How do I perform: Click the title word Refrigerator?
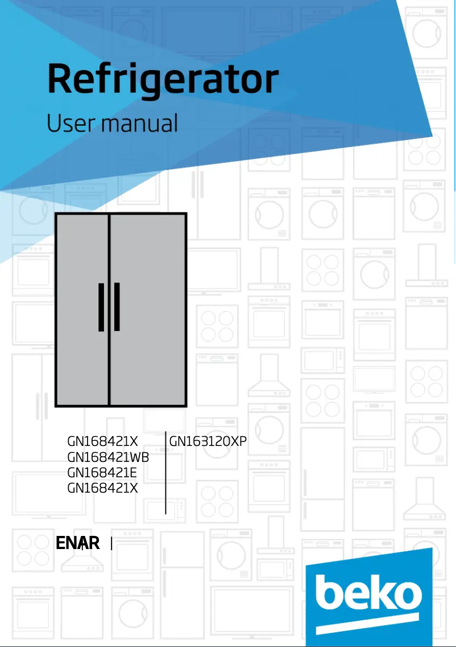click(x=163, y=80)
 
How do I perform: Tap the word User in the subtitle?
click(x=66, y=124)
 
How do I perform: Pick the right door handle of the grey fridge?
click(x=117, y=306)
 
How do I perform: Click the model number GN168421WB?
click(x=108, y=457)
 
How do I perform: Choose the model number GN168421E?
click(x=102, y=473)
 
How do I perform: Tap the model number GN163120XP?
click(x=208, y=441)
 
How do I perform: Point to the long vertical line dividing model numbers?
click(x=165, y=473)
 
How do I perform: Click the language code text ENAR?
click(x=78, y=543)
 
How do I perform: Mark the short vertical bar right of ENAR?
click(x=111, y=544)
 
